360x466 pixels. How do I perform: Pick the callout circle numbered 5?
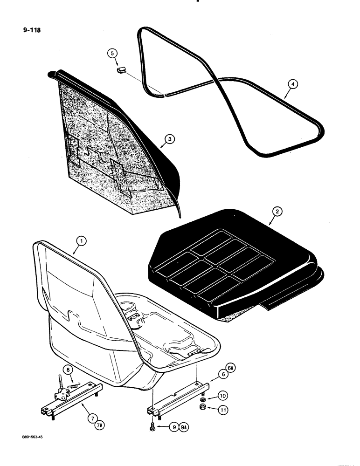click(112, 54)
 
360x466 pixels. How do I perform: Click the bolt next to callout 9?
click(153, 425)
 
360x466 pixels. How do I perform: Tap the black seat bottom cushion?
click(233, 270)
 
